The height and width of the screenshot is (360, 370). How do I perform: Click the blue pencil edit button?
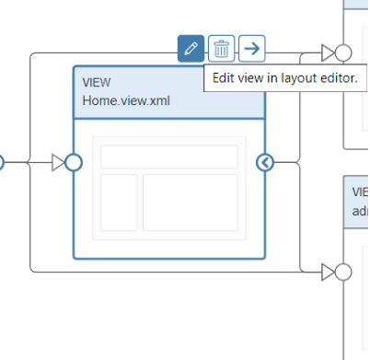pos(191,48)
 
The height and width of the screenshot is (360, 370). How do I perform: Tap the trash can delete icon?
pos(221,48)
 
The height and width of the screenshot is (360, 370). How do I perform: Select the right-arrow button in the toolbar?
pos(251,48)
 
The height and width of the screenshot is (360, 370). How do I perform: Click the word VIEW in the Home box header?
pos(97,82)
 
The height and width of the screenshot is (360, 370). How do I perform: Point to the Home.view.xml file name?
pos(125,100)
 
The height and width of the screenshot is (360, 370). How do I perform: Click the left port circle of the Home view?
pos(74,163)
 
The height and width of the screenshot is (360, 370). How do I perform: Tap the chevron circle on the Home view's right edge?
pos(265,163)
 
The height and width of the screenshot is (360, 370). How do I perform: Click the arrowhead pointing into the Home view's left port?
pos(59,163)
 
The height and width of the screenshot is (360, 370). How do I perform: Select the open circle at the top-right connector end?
pos(343,52)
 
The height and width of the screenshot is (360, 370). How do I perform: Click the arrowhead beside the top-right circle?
pos(328,52)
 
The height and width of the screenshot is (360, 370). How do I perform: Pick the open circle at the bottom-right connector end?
pos(343,272)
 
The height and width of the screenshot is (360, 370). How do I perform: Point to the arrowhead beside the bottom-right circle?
pos(328,272)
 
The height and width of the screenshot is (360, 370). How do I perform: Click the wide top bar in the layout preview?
pos(168,157)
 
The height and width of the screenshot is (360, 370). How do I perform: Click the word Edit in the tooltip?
pos(225,79)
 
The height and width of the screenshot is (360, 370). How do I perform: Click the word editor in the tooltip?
pos(338,79)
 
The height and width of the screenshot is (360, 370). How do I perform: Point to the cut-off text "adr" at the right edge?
pos(360,210)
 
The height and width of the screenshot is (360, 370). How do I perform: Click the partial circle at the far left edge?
pos(2,163)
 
